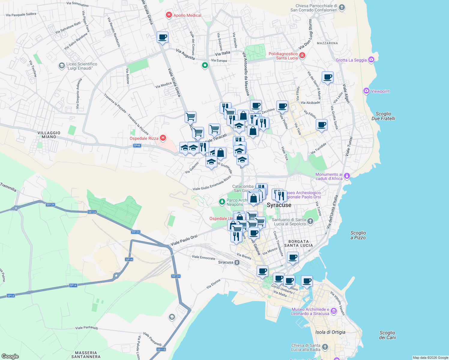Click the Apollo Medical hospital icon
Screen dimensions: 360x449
[x=169, y=15]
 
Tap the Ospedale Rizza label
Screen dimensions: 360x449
[x=144, y=138]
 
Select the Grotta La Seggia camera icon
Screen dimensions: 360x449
[x=371, y=60]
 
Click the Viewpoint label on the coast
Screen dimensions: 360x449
[x=380, y=91]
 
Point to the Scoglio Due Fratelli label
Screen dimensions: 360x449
[x=383, y=116]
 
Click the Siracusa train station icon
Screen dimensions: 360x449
[x=237, y=262]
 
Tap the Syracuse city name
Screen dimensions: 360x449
[x=279, y=205]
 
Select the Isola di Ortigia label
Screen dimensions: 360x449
[x=330, y=332]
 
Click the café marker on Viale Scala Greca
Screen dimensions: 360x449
[x=162, y=37]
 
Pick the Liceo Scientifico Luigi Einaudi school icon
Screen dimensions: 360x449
[x=62, y=65]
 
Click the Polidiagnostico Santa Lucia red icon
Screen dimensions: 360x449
[x=302, y=55]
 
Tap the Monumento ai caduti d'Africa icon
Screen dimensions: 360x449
[x=347, y=176]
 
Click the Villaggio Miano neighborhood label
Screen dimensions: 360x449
[x=49, y=135]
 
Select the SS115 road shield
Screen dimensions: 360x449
[x=161, y=349]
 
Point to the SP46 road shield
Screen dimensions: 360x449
[x=137, y=145]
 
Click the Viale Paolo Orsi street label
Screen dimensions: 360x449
[x=184, y=240]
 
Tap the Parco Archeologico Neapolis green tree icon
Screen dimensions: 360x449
[x=222, y=202]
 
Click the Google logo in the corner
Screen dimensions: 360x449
[x=10, y=356]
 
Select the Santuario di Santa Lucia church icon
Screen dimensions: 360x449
[x=310, y=221]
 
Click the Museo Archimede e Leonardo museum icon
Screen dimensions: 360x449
[x=334, y=312]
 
